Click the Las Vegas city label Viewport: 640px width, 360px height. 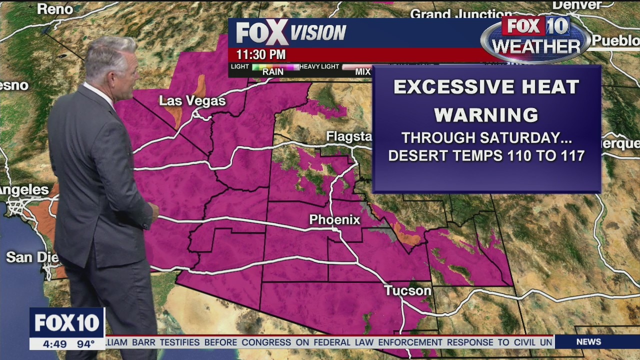(192, 101)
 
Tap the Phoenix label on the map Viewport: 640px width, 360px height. (334, 219)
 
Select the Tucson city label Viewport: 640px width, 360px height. (407, 290)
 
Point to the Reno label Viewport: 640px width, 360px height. (55, 9)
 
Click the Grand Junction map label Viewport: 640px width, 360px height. (454, 14)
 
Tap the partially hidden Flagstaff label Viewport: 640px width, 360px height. (349, 136)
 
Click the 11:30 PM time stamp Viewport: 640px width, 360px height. (261, 54)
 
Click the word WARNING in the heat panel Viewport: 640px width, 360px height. (486, 115)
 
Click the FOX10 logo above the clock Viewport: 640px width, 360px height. (66, 323)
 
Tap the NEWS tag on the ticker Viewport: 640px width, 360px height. (588, 342)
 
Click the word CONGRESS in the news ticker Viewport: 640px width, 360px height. (267, 342)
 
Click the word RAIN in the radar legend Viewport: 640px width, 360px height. (273, 72)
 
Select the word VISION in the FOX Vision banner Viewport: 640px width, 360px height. (318, 33)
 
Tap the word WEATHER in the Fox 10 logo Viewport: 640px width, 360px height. (535, 46)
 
